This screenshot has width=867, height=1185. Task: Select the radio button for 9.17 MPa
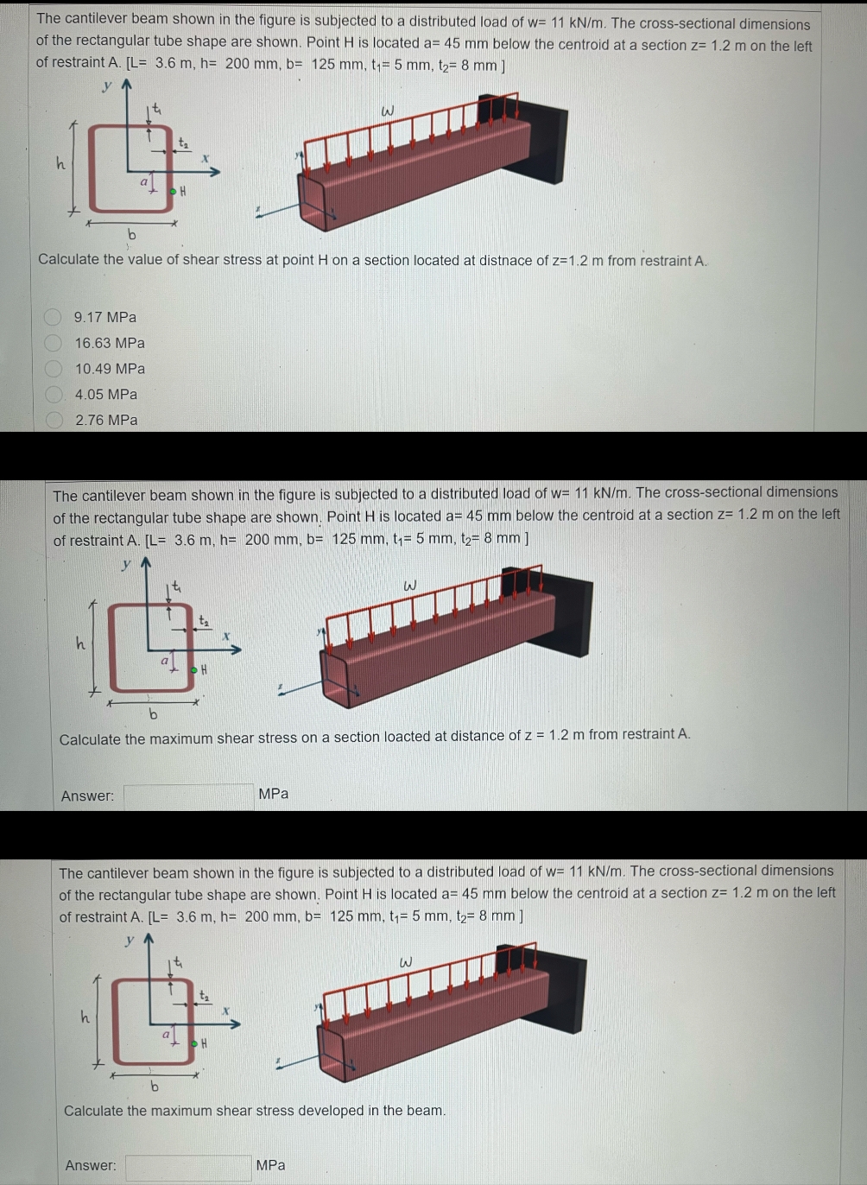(x=54, y=317)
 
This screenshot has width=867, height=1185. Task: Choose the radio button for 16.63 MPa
(x=54, y=343)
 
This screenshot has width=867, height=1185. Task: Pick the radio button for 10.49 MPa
(x=54, y=369)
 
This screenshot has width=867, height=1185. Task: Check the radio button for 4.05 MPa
(x=54, y=395)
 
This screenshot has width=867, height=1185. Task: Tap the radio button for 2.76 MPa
(x=54, y=421)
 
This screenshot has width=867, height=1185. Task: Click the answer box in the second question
(x=188, y=795)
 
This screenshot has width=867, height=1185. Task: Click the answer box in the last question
(x=188, y=1167)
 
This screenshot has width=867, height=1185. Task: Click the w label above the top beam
(x=388, y=111)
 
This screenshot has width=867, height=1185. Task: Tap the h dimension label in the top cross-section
(x=60, y=162)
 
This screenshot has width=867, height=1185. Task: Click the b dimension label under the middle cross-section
(x=153, y=714)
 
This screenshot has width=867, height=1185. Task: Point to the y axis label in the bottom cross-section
(x=130, y=940)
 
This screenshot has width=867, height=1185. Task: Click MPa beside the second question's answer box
(x=273, y=794)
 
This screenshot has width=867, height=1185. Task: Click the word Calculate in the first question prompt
(x=68, y=259)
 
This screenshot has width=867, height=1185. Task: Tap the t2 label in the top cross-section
(x=183, y=142)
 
